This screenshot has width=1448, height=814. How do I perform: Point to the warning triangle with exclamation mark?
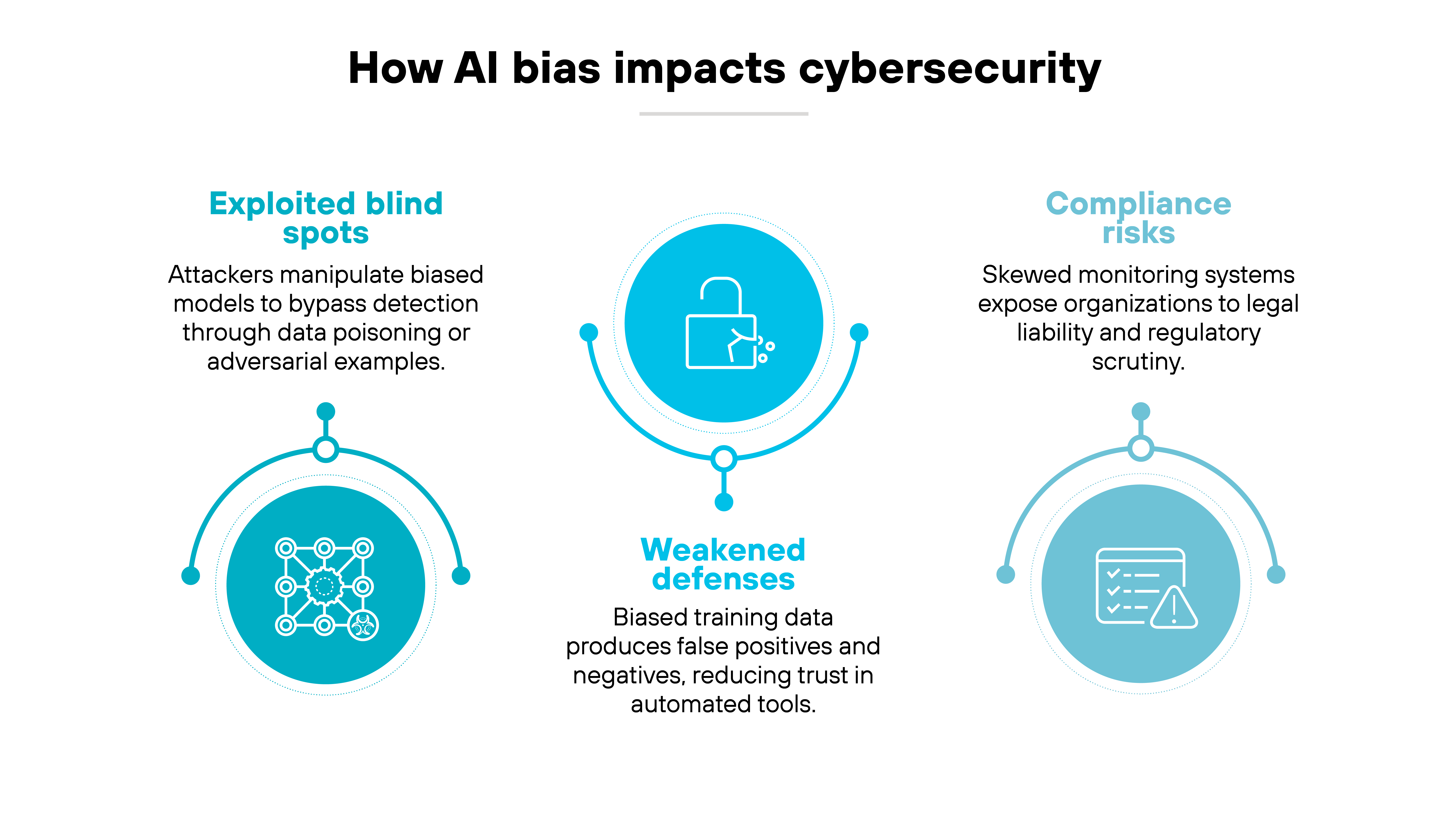click(x=1174, y=608)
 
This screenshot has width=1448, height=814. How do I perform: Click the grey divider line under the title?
click(x=723, y=114)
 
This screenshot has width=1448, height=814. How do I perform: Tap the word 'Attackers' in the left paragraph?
click(x=221, y=275)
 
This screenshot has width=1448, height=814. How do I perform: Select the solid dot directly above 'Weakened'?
click(x=724, y=502)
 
